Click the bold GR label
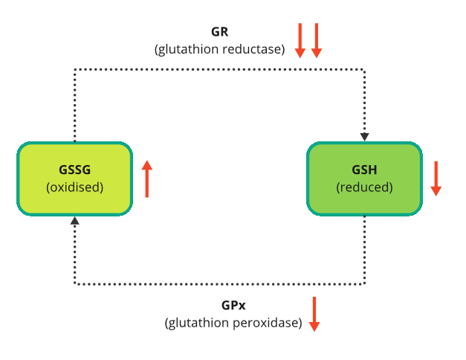[x=219, y=33]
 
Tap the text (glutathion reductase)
[x=219, y=50]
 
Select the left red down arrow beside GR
[x=300, y=40]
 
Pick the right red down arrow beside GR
[x=317, y=40]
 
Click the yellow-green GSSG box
[x=74, y=179]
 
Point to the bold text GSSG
[x=74, y=169]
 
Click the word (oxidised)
[x=74, y=187]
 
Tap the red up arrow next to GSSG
[x=147, y=179]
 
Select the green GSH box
[x=364, y=179]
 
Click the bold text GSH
[x=364, y=169]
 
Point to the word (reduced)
[x=364, y=187]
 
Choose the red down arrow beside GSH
[x=436, y=179]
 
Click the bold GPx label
[x=233, y=306]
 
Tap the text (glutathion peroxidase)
[x=233, y=323]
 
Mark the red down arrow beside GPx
[x=314, y=314]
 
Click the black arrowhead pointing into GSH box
[x=364, y=137]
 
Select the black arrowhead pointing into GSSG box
[x=74, y=221]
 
